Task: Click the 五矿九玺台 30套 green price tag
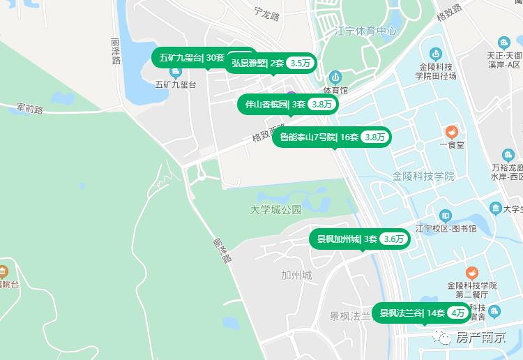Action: [x=192, y=58]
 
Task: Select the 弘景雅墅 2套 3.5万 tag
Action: [x=270, y=63]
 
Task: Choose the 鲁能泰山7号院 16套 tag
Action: [x=331, y=137]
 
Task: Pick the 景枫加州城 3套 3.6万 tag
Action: [x=359, y=239]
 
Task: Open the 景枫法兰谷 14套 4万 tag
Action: [x=421, y=313]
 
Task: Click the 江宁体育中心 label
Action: [x=365, y=31]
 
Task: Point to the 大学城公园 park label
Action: [x=276, y=209]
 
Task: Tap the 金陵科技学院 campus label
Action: [x=423, y=176]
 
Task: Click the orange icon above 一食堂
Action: [x=451, y=131]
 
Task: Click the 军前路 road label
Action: [x=30, y=109]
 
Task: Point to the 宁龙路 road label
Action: [x=266, y=13]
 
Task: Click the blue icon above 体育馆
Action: [x=335, y=77]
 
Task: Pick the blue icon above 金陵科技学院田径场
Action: [x=435, y=53]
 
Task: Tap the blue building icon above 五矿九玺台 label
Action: [x=167, y=71]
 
